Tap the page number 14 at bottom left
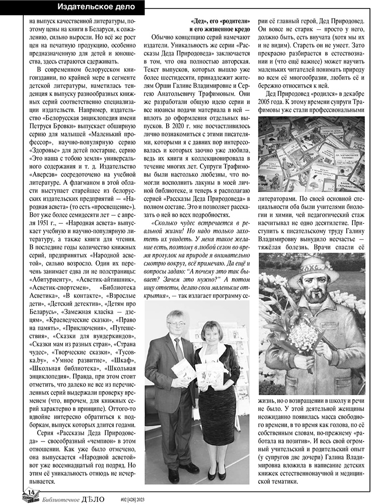(x=31, y=491)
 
